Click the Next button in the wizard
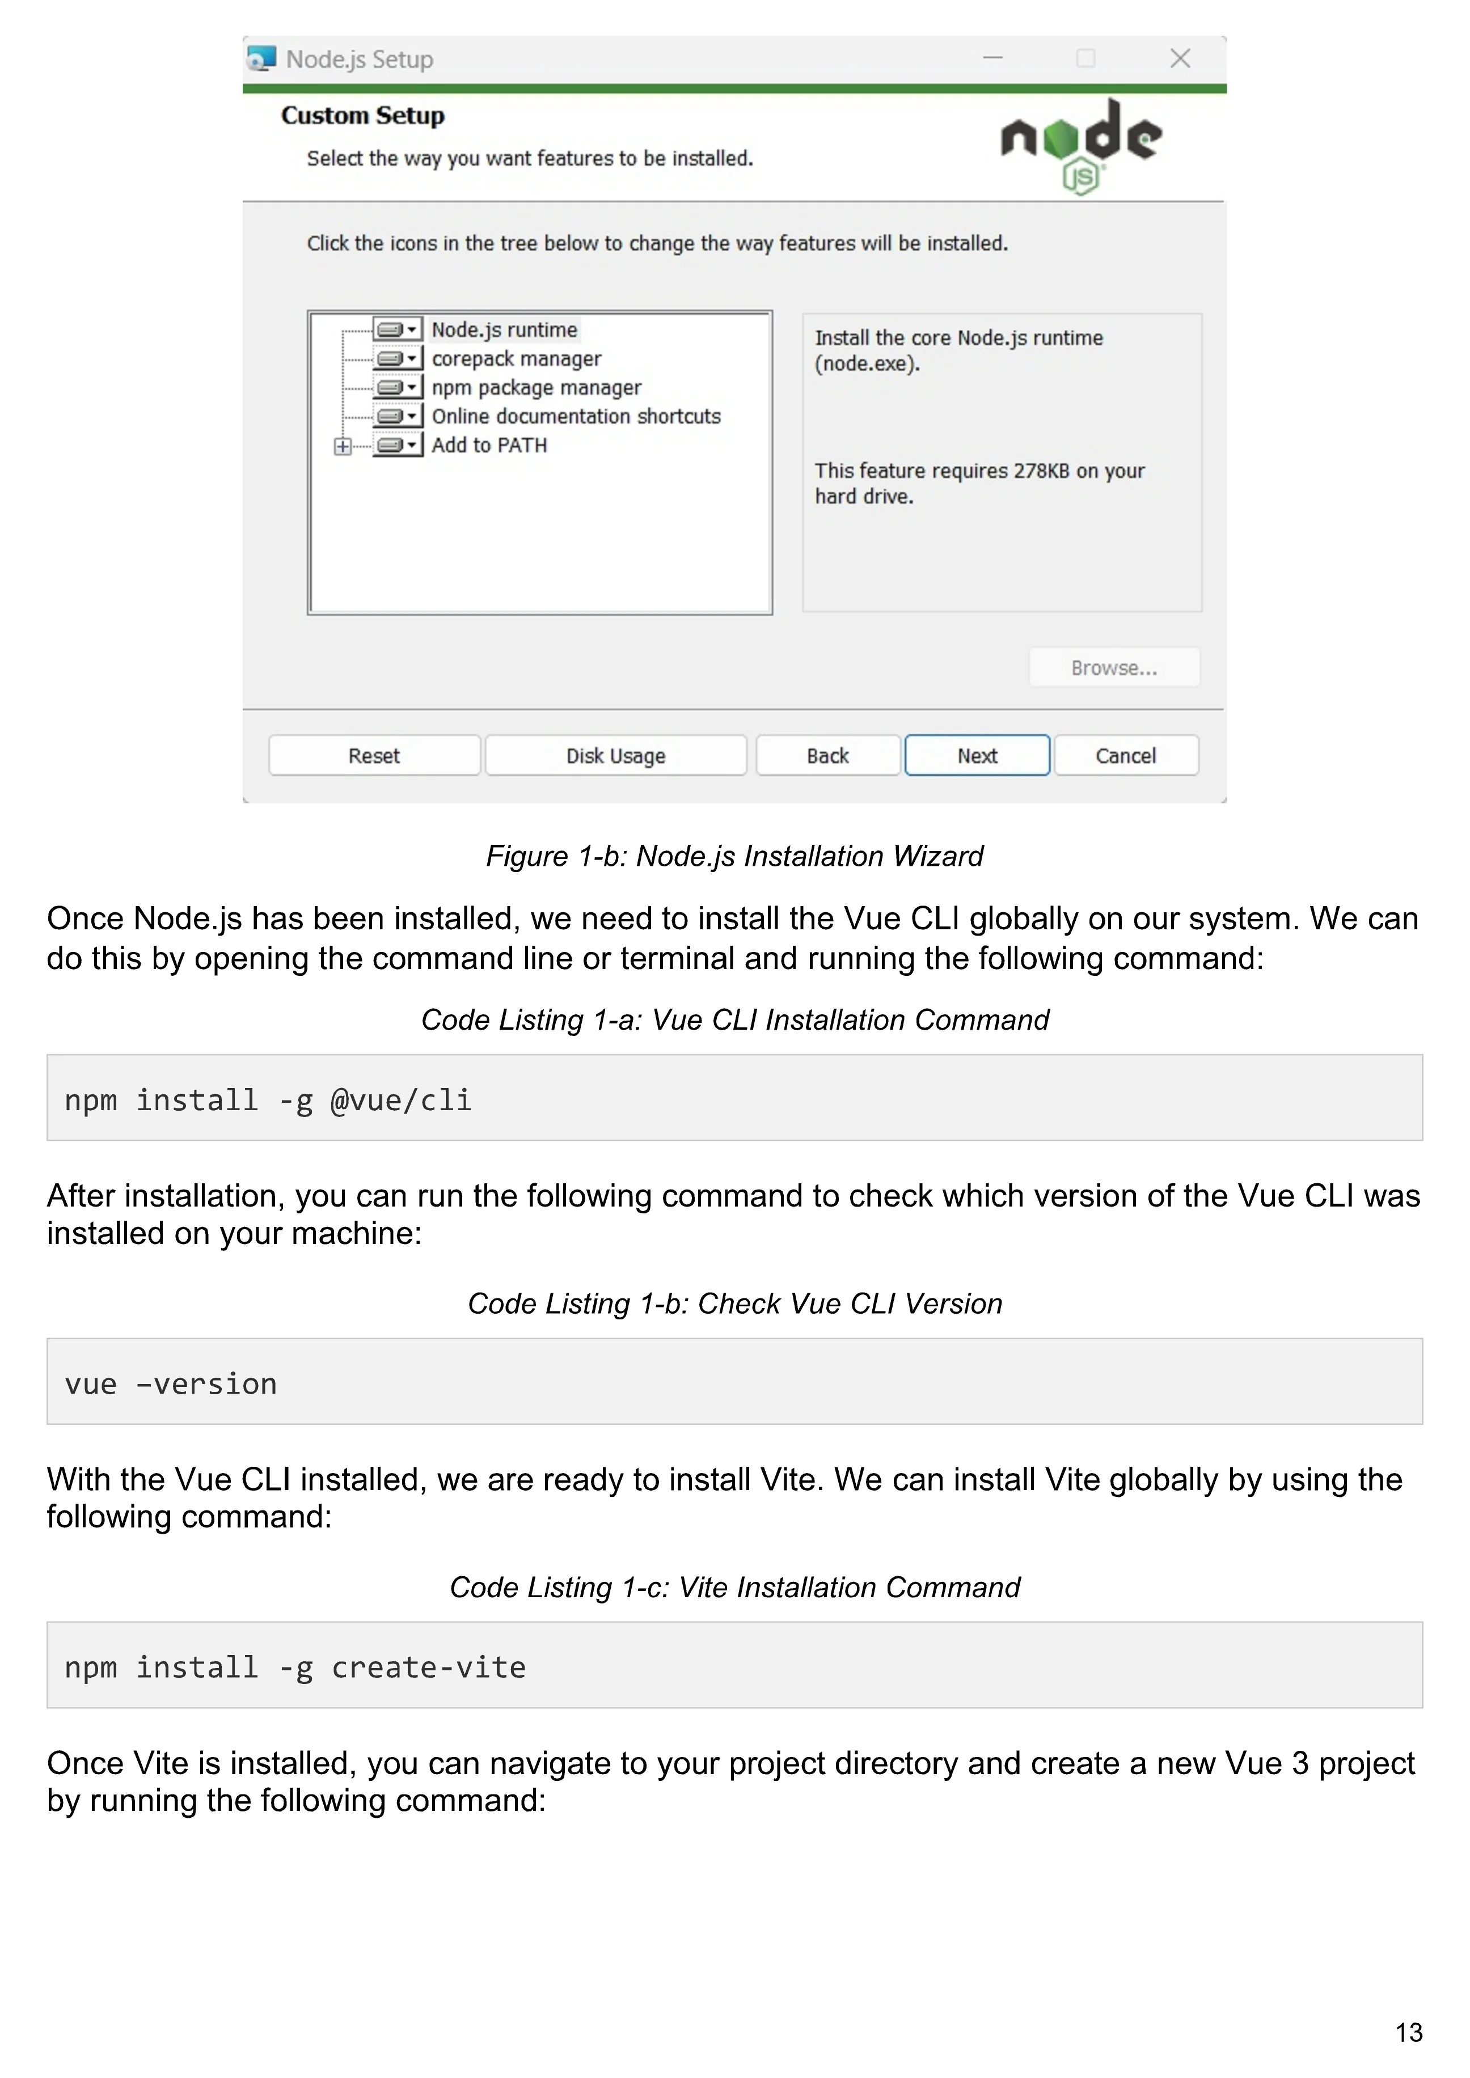tap(977, 756)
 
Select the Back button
tap(827, 756)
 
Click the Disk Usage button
tap(615, 756)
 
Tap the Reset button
tap(374, 756)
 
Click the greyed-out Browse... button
tap(1113, 668)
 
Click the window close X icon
tap(1180, 59)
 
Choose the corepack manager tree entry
tap(516, 359)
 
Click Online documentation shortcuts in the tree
tap(576, 416)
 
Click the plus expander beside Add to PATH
tap(342, 446)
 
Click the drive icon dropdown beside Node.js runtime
tap(398, 329)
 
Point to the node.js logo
tap(1081, 145)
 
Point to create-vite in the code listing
tap(428, 1667)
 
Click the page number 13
tap(1408, 2033)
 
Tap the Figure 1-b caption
tap(734, 856)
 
